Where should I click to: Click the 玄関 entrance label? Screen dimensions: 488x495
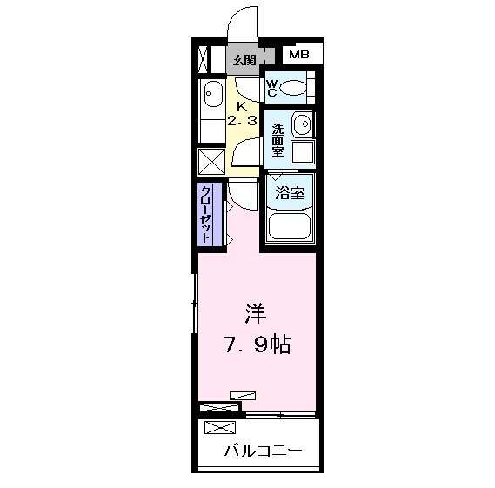(x=244, y=60)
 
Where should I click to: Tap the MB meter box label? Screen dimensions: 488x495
(x=298, y=55)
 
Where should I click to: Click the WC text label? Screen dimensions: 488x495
(x=271, y=87)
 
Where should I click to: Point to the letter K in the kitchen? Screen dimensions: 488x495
(x=242, y=107)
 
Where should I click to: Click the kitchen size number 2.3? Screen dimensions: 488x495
(x=242, y=122)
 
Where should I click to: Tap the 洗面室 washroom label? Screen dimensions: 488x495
(x=277, y=138)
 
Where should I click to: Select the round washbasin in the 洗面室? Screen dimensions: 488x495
(x=301, y=124)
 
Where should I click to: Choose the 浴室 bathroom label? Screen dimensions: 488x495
(x=290, y=193)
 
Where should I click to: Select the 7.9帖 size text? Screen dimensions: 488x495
(x=254, y=345)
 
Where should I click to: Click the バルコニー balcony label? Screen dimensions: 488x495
(x=263, y=451)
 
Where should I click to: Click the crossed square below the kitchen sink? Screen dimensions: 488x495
(x=212, y=162)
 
